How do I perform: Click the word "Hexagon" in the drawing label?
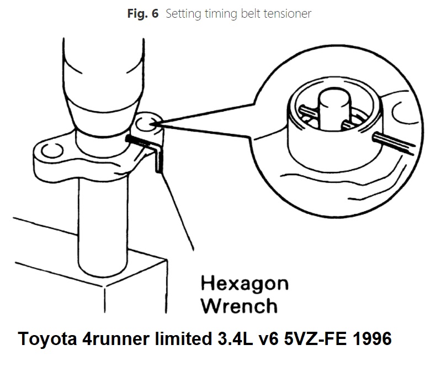point(244,284)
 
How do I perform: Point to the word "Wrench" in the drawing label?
point(238,305)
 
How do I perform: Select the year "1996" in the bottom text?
point(370,338)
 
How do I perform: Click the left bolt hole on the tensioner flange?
point(54,151)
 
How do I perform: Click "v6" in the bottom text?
point(265,338)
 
